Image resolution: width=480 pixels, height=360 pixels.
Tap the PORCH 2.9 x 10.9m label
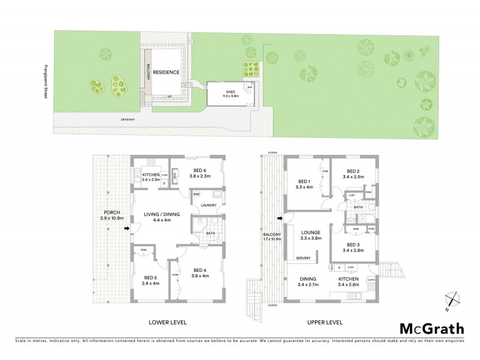113,215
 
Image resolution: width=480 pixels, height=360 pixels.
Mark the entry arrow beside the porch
125,228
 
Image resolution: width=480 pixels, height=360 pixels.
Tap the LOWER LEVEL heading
168,322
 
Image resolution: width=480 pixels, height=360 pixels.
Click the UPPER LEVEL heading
324,322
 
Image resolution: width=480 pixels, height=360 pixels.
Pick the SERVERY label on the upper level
304,259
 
